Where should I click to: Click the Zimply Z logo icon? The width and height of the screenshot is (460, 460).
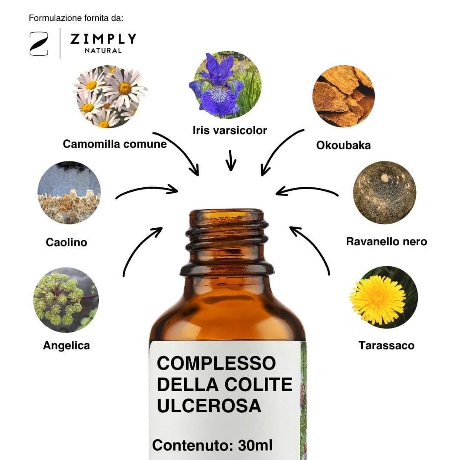pos(39,44)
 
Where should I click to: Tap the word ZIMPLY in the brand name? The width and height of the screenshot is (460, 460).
pos(103,39)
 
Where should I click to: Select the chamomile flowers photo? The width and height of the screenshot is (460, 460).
pos(111,97)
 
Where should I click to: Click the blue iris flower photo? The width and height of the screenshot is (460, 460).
pos(225,85)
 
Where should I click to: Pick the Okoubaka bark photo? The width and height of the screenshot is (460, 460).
pos(344,96)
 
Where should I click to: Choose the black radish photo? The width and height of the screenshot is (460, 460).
pos(385,193)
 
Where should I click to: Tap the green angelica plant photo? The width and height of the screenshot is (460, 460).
pos(66,300)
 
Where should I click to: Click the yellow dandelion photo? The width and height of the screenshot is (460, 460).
pos(383,297)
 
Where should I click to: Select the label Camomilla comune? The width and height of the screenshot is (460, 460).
pos(115,144)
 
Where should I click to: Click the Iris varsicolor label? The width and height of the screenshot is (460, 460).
pos(230,131)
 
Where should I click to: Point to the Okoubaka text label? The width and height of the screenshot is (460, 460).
pos(343,145)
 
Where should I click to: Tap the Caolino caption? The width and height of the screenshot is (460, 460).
pos(66,242)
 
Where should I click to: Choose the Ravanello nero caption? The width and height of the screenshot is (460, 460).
pos(386,242)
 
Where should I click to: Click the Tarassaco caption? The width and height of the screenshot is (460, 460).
pos(386,345)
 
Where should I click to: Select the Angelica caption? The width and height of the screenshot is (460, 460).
pos(66,345)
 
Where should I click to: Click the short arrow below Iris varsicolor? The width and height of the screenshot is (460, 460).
pos(231,160)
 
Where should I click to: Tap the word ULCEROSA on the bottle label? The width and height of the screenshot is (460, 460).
pos(209,406)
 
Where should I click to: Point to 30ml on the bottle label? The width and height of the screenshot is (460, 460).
pos(255,446)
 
